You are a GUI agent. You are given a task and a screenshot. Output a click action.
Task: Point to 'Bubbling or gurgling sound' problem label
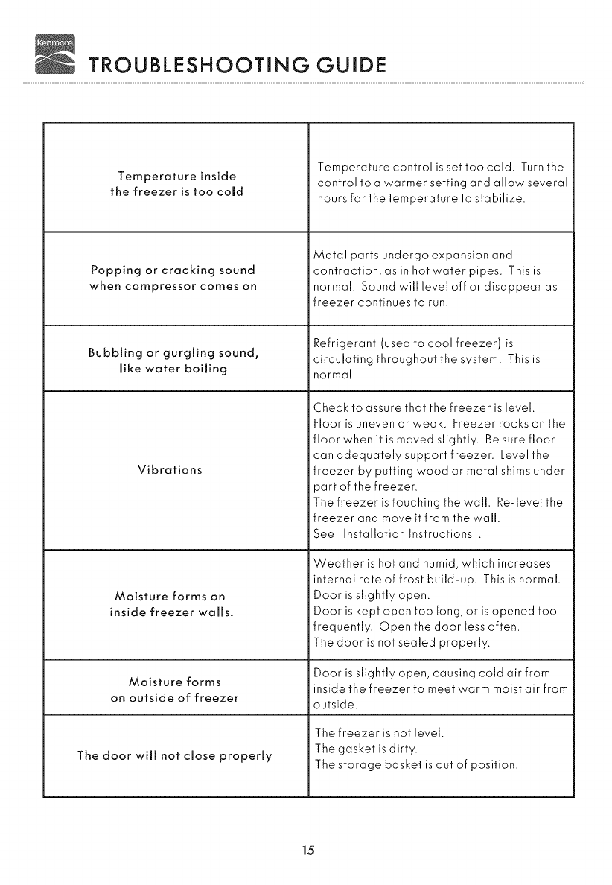(175, 359)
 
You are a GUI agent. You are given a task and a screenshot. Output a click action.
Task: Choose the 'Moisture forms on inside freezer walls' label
(172, 605)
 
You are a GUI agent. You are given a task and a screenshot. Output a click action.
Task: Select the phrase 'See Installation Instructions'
(394, 534)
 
